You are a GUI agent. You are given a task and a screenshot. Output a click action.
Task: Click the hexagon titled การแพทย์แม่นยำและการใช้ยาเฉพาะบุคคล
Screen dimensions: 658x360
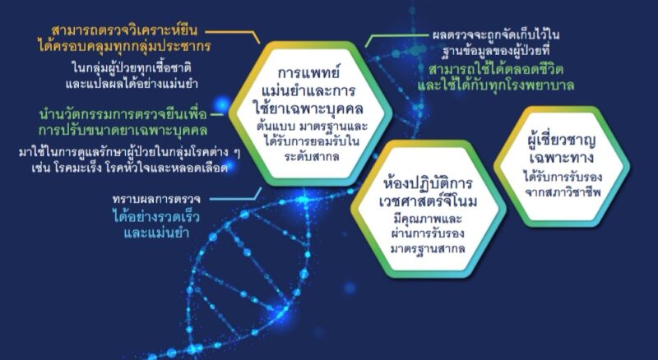coord(310,113)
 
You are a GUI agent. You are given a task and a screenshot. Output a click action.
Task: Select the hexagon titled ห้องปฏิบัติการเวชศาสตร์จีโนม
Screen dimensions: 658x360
coord(429,209)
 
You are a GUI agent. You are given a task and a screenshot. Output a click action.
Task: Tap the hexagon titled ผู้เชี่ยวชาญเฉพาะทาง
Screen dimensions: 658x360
coord(562,167)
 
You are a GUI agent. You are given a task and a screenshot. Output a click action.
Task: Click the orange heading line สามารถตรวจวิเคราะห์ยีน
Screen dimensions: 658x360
coord(125,31)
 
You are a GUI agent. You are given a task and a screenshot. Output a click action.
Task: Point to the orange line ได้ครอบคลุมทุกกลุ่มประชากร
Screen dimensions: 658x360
coord(124,47)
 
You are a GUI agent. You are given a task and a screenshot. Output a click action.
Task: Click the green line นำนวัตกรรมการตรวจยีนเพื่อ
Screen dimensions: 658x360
coord(123,114)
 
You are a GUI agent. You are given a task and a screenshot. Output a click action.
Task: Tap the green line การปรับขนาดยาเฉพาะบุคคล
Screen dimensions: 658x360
coord(123,130)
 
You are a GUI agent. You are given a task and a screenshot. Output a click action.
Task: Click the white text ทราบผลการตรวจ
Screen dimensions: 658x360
coord(156,199)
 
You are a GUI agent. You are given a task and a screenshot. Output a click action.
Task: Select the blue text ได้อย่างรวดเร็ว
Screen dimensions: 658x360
coord(156,216)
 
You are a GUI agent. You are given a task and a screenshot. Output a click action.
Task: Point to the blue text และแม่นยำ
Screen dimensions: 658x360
coord(156,233)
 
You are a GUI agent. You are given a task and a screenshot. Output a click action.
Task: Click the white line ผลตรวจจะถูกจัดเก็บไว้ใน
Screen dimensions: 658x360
coord(496,35)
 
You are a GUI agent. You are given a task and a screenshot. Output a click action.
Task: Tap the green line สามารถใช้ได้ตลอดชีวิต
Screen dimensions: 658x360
coord(496,70)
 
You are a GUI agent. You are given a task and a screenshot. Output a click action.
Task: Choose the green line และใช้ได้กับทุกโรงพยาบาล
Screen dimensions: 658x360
coord(496,85)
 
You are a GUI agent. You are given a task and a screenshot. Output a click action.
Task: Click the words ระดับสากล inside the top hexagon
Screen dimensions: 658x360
coord(312,157)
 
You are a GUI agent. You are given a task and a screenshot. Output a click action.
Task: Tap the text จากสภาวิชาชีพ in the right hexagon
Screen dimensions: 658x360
coord(563,192)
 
